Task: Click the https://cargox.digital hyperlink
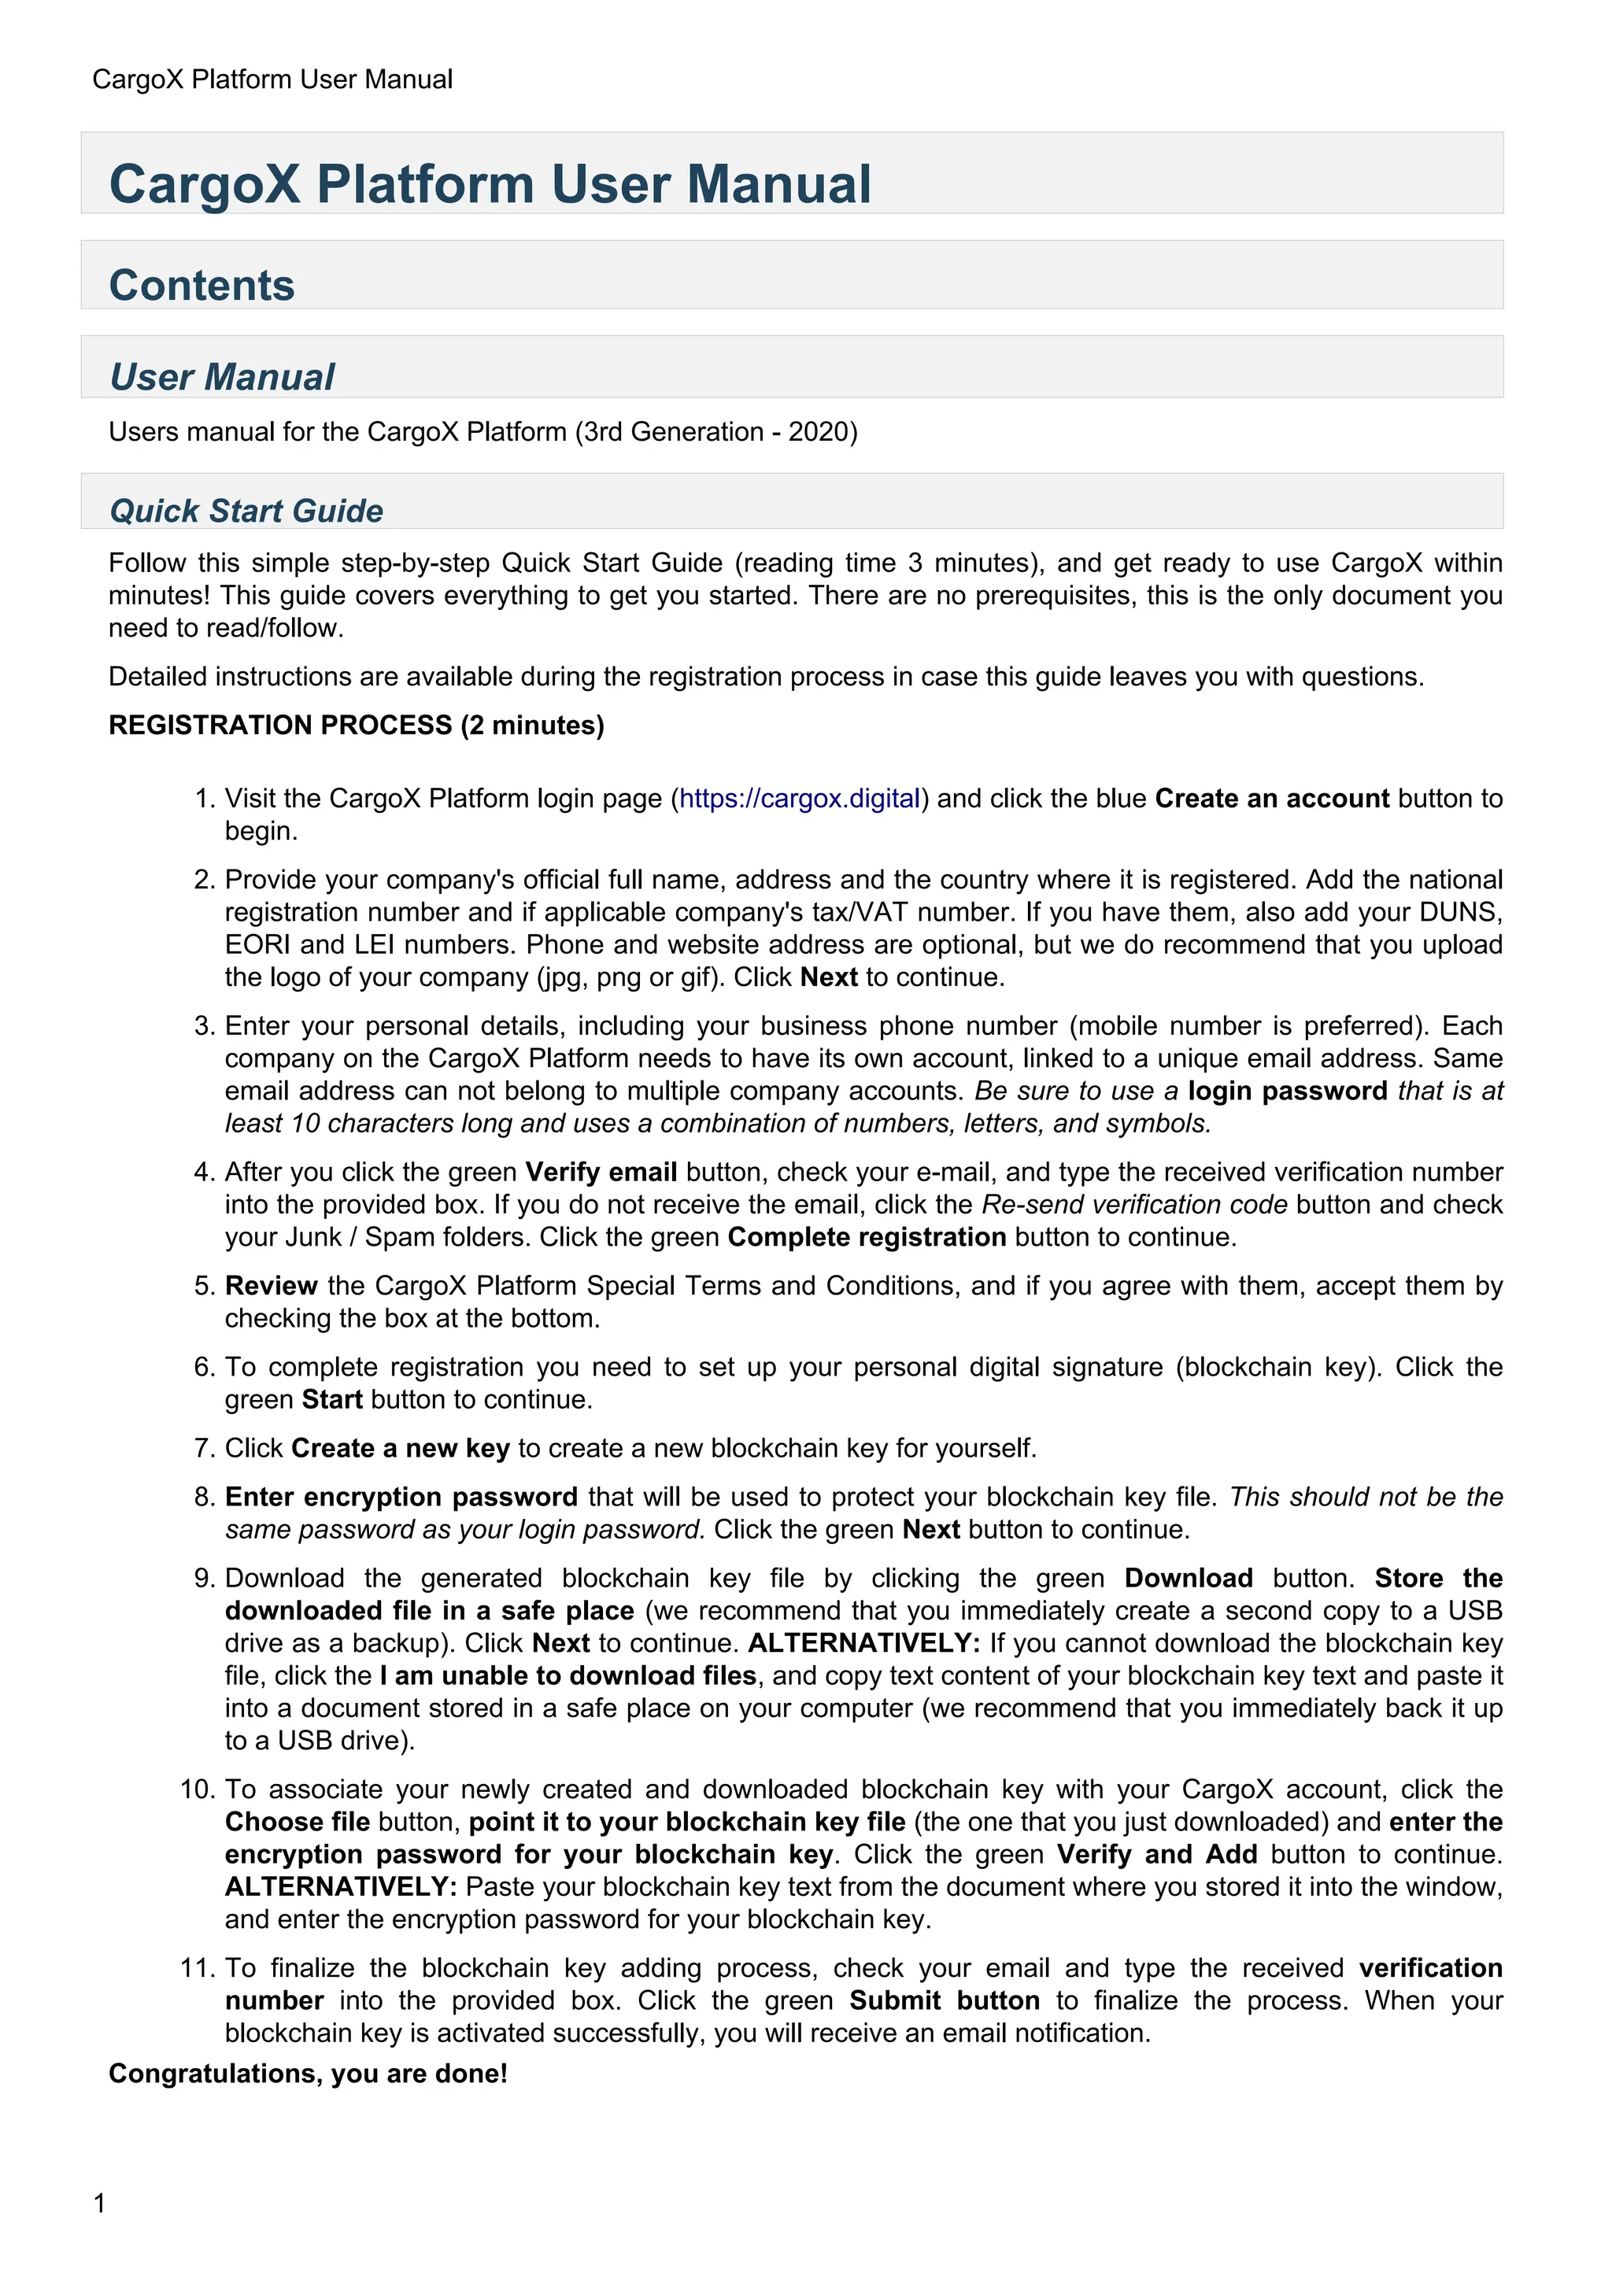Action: tap(799, 798)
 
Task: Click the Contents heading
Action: tap(201, 285)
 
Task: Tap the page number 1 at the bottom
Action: tap(99, 2203)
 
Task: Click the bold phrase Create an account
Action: tap(1271, 798)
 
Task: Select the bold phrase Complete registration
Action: tap(867, 1237)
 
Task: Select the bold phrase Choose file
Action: tap(297, 1822)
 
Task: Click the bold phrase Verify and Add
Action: tap(1156, 1854)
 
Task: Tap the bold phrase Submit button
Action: tap(944, 2000)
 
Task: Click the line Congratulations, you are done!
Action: tap(308, 2074)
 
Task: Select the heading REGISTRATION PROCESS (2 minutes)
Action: tap(357, 725)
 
